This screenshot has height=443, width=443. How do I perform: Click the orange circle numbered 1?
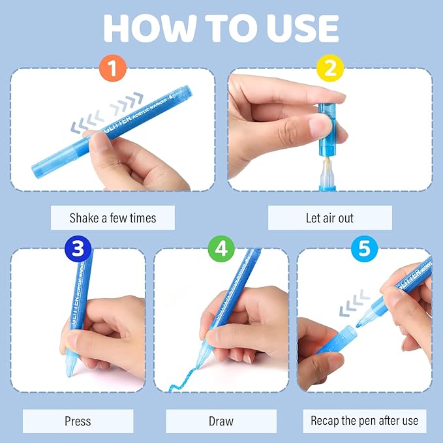click(113, 68)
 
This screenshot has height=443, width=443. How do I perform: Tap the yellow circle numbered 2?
click(330, 68)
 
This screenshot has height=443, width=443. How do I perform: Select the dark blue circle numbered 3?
click(78, 249)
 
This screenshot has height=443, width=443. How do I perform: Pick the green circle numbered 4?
click(221, 249)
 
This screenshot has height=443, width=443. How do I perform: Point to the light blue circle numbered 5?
click(365, 249)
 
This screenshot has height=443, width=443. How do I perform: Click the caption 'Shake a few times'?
click(113, 218)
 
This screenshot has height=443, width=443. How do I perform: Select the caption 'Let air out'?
click(330, 218)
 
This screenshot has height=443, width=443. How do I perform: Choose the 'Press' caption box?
click(78, 421)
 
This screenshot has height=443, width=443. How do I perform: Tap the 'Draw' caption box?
click(221, 421)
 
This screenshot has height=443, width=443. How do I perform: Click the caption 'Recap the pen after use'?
click(365, 421)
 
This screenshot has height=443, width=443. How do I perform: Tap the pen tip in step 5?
click(359, 325)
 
